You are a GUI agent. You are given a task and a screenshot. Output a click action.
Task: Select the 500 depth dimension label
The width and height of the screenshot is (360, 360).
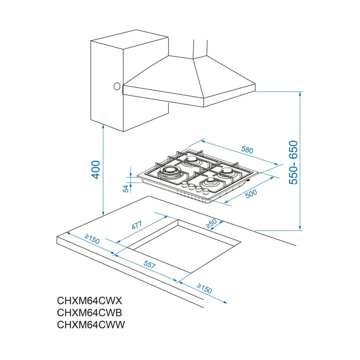[251, 194]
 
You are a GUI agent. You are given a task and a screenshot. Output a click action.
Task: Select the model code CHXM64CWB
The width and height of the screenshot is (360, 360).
[89, 313]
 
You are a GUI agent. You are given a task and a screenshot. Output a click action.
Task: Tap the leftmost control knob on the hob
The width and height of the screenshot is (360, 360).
[185, 186]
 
